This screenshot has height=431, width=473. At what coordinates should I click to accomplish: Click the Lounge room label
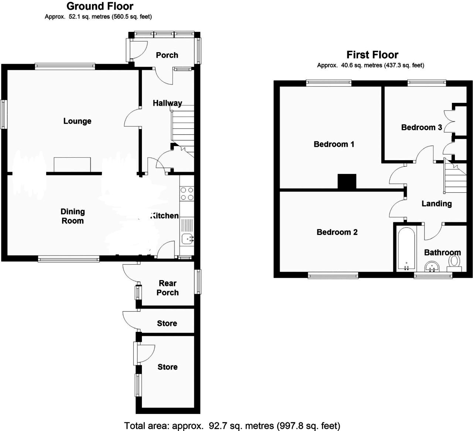point(77,121)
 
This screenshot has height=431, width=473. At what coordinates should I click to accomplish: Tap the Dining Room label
point(73,216)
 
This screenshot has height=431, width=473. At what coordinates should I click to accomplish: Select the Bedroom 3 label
point(422,128)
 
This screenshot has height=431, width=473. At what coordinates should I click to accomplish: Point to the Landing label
point(437,203)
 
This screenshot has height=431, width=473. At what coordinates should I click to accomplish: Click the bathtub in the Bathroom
point(406,249)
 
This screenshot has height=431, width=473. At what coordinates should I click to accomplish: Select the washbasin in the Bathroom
point(432,267)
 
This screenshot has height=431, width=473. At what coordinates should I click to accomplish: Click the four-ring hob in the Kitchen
point(187,193)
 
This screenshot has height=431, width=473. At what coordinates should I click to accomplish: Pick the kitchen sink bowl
point(187,239)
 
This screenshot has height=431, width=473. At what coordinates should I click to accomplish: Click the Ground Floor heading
point(100,6)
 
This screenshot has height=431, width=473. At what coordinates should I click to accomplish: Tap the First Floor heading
point(372,55)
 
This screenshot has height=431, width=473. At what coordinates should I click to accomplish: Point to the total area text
point(232,425)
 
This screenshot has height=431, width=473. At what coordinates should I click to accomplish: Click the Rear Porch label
point(168,288)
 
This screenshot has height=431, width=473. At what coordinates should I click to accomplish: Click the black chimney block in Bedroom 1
point(347,182)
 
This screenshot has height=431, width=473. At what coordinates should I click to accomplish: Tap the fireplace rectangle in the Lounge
point(72,165)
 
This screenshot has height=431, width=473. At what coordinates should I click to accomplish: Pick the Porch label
point(167,55)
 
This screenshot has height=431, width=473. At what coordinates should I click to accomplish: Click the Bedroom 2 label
point(337,232)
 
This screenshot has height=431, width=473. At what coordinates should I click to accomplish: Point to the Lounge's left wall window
point(4,114)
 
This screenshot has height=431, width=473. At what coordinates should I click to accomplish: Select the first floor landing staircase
point(455,175)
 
